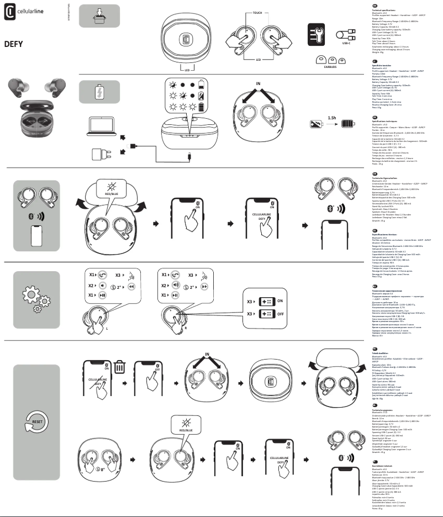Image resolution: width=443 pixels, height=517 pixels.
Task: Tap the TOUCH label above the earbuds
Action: pyautogui.click(x=258, y=11)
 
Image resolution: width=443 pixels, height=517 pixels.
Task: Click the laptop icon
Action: pyautogui.click(x=101, y=126)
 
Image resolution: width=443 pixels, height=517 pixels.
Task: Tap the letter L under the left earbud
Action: pyautogui.click(x=122, y=328)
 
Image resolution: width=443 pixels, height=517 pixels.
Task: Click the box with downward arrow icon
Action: pyautogui.click(x=99, y=15)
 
